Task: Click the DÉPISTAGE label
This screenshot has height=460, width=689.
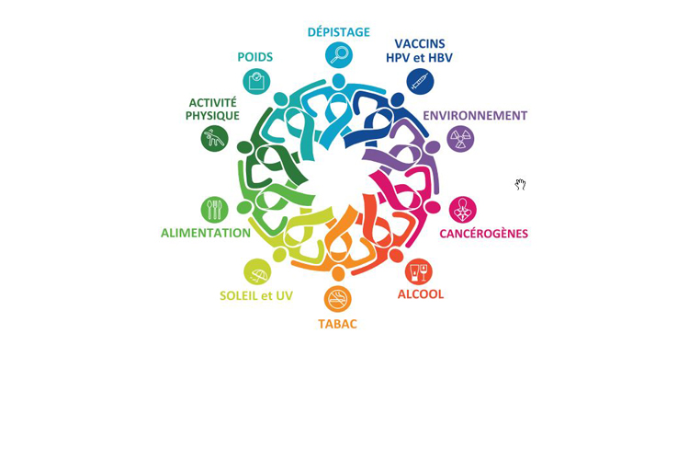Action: click(x=338, y=32)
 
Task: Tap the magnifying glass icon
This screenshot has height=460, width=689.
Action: click(x=339, y=55)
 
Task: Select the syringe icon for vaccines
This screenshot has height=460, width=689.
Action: click(x=420, y=82)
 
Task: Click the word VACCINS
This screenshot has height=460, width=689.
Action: click(x=420, y=43)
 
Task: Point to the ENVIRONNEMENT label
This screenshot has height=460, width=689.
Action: click(x=475, y=115)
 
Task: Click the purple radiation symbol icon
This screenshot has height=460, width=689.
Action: click(x=460, y=139)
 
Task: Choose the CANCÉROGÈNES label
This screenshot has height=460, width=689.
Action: click(x=484, y=234)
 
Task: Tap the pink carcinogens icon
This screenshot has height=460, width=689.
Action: click(x=463, y=210)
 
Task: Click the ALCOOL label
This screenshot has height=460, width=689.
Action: click(x=421, y=294)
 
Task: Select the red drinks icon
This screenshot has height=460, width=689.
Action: click(x=419, y=271)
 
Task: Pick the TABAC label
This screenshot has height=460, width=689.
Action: click(x=337, y=324)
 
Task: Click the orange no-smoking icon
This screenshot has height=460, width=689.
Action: click(x=338, y=299)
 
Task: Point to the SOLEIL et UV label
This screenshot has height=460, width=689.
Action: click(x=256, y=296)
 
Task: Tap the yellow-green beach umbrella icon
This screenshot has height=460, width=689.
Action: click(x=257, y=272)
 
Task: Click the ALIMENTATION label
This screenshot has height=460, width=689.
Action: click(x=206, y=233)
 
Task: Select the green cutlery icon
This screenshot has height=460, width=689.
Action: click(x=214, y=210)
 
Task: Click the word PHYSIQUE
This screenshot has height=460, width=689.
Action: click(x=212, y=116)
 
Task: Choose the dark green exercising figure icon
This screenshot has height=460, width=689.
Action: click(x=214, y=139)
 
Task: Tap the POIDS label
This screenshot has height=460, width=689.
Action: click(x=254, y=57)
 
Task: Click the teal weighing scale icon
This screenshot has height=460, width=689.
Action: click(x=256, y=82)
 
